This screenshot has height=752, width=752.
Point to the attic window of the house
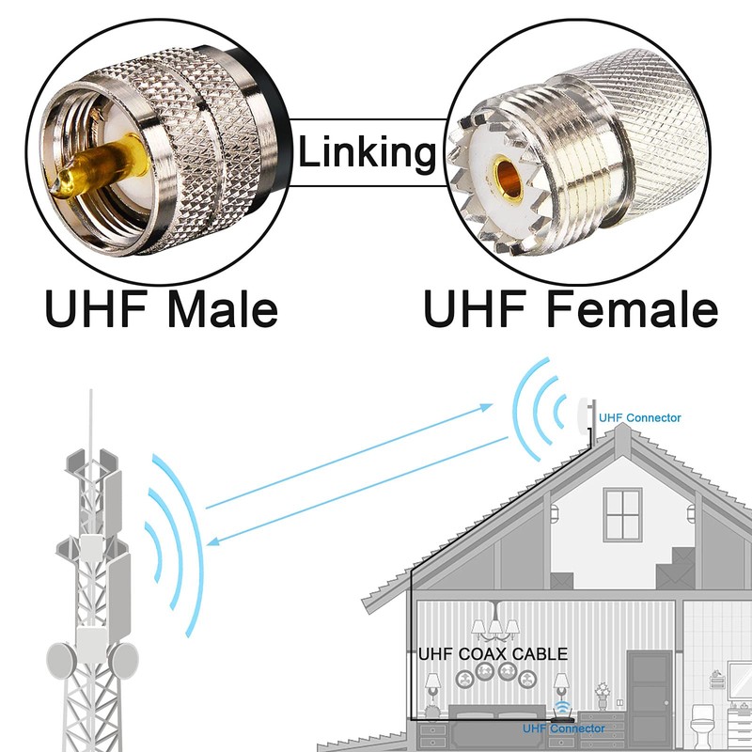[x=621, y=513]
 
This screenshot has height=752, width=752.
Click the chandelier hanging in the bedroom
[x=495, y=629]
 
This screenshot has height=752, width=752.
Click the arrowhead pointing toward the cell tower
[x=215, y=540]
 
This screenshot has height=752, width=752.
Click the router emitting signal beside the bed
[x=562, y=712]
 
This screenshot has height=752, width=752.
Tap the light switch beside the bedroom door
[x=619, y=700]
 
